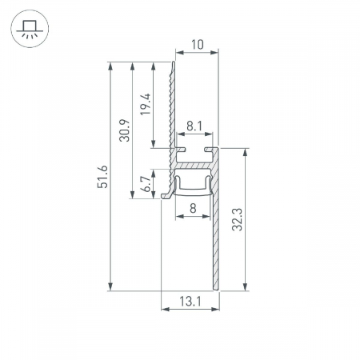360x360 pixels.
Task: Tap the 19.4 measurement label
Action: tap(144, 104)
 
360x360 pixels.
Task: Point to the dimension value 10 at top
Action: tap(195, 46)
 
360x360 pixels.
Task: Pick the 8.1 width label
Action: tap(194, 126)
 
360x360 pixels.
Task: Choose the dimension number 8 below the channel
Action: tap(193, 210)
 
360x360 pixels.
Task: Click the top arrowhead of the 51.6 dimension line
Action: tap(109, 64)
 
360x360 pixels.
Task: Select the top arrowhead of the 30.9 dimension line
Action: tap(130, 64)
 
